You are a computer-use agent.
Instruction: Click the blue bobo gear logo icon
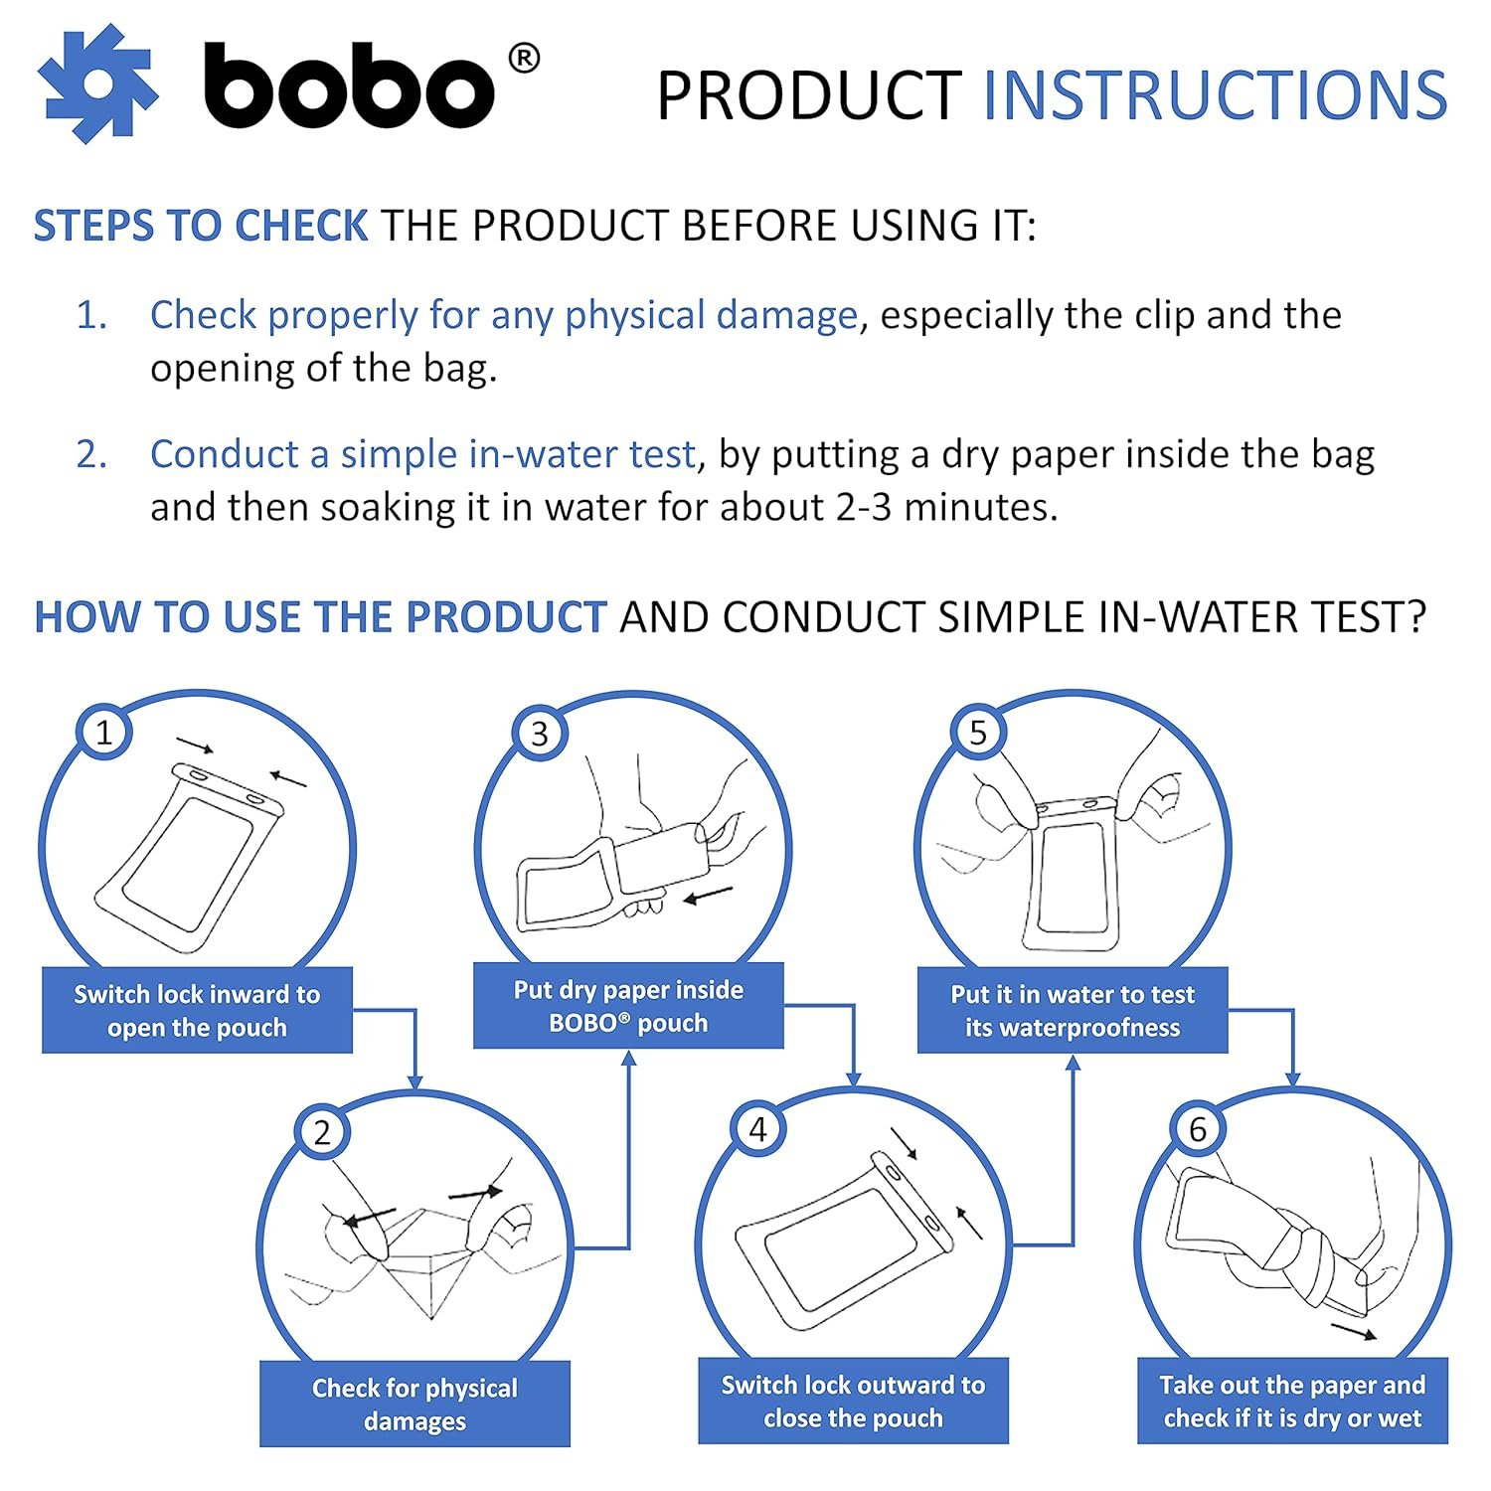point(97,84)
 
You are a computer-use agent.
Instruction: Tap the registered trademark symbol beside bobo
point(524,59)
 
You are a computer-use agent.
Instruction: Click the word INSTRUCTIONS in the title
point(1215,95)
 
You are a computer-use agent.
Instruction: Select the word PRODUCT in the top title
point(809,95)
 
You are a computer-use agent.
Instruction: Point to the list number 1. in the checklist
point(91,315)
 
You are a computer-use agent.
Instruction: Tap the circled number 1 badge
point(103,733)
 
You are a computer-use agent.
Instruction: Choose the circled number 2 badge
point(321,1132)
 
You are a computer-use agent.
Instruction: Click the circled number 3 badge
point(539,734)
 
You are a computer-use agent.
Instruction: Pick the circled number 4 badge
point(757,1129)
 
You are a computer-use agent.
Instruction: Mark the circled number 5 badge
point(978,733)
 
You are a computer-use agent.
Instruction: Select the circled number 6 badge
point(1197,1129)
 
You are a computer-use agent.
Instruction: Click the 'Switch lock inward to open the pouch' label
point(197,1010)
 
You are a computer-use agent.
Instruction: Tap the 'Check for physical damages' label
point(414,1404)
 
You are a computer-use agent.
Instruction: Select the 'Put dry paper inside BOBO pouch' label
point(628,1006)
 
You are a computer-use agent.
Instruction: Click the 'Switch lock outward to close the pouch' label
point(853,1401)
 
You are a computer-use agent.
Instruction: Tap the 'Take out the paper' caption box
point(1292,1401)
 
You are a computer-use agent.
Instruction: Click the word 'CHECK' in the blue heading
point(301,227)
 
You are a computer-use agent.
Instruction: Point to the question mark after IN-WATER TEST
point(1414,617)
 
